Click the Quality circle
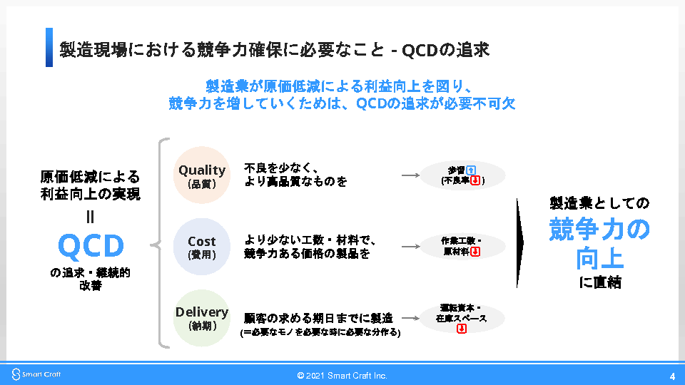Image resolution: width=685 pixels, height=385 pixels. click(x=202, y=175)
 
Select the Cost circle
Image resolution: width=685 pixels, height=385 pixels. click(x=202, y=247)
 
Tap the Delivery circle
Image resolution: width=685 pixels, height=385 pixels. click(x=202, y=318)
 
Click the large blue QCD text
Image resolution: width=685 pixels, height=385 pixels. click(x=91, y=246)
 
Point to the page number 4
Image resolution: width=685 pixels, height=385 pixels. click(x=672, y=376)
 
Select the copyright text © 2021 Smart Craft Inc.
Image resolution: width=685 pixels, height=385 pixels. click(x=342, y=376)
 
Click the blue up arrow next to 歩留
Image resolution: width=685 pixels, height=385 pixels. click(x=471, y=170)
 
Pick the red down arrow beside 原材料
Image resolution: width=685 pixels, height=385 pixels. click(x=475, y=252)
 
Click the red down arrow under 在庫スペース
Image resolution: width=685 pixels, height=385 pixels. click(x=461, y=329)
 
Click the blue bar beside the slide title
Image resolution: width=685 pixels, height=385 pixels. click(x=49, y=48)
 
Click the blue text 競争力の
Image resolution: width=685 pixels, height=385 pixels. click(x=599, y=230)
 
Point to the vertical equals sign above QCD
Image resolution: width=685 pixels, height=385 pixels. click(x=91, y=216)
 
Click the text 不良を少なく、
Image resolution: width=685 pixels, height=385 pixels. click(x=280, y=168)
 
